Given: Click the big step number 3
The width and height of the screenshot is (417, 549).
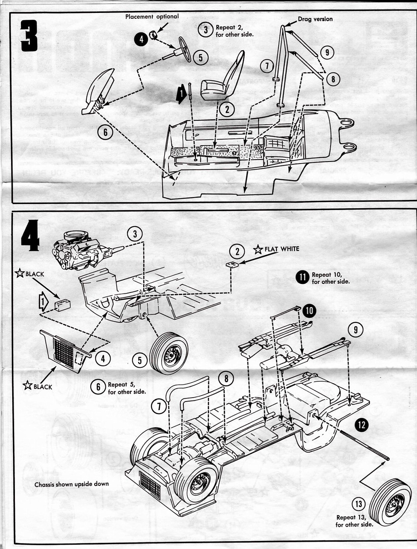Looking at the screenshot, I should point(29,36).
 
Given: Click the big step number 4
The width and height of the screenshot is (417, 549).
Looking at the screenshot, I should point(30,235).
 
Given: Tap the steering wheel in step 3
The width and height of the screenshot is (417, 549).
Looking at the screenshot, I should point(185,49).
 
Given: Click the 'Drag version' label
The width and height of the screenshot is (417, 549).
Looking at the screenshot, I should point(315,19).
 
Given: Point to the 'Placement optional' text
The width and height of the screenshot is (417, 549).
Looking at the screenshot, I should point(152,16).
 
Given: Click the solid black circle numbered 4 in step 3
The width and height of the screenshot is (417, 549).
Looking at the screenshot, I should point(141,39).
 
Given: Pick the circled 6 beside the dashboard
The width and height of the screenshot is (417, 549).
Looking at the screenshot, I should point(105,132).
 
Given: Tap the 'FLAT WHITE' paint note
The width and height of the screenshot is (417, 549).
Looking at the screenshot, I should point(282,249).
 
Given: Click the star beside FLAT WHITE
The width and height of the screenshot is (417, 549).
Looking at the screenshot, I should point(258,249).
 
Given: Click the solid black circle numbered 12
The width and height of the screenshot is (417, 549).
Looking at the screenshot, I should point(362,424).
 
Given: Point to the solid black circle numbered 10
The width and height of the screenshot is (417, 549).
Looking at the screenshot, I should point(309,311).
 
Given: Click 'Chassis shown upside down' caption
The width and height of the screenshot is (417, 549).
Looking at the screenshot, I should point(71,484).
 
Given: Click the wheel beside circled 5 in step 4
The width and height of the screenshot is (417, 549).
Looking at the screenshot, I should point(169,353).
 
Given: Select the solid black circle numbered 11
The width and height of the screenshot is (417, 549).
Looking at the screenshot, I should point(303,278).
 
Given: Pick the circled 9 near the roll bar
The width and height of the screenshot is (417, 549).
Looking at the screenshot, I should point(327,52).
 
